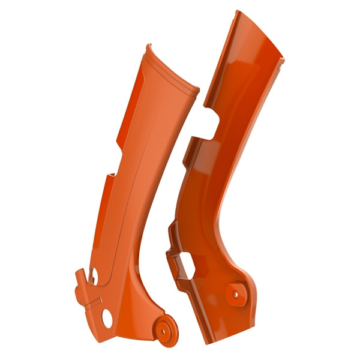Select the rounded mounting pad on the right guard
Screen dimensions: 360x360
tap(235, 295)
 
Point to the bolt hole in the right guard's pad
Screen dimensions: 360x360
tap(235, 295)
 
